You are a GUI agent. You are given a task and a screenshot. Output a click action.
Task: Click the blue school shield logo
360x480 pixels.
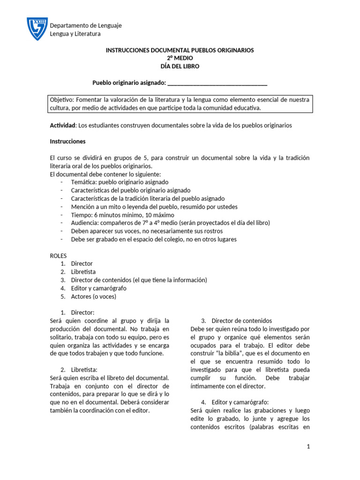click(x=37, y=29)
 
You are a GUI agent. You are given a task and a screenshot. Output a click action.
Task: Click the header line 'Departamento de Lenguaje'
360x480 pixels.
click(x=85, y=25)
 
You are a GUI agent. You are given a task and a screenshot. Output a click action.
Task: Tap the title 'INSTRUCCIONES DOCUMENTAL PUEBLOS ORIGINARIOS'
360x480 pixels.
click(x=180, y=50)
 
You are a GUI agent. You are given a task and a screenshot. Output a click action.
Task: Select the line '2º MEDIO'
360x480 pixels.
click(x=180, y=58)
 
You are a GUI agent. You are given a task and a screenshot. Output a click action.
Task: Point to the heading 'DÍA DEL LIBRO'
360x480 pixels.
click(x=180, y=67)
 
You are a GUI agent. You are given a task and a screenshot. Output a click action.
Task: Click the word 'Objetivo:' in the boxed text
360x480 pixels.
click(x=62, y=100)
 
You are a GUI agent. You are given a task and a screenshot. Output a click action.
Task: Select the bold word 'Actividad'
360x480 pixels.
click(x=62, y=126)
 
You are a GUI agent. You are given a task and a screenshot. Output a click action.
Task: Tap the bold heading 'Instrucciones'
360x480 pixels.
click(x=67, y=141)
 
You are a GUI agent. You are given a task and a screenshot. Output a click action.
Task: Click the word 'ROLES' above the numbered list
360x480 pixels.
click(x=59, y=255)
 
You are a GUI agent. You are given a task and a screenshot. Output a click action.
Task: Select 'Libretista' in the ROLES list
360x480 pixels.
click(x=83, y=272)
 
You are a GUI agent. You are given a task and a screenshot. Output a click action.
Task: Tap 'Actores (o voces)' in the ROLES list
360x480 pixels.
click(x=93, y=297)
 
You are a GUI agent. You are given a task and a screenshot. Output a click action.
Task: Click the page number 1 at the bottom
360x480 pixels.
click(x=308, y=447)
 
